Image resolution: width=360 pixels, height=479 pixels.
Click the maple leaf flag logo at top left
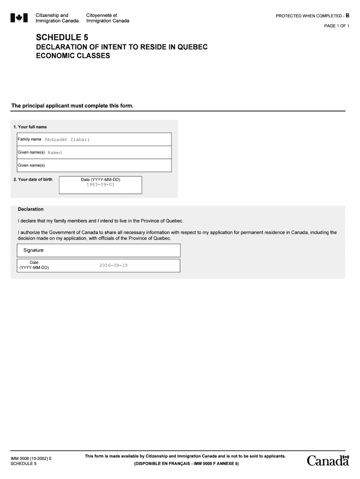pos(19,18)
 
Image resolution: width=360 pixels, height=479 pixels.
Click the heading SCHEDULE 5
pos(62,37)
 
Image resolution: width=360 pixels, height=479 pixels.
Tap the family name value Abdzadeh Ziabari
pos(67,139)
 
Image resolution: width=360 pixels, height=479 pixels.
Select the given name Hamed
pos(55,152)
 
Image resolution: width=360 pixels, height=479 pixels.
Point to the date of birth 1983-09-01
pos(100,185)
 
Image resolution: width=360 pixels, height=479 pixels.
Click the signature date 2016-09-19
pos(113,265)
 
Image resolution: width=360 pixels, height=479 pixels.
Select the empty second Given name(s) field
pos(108,165)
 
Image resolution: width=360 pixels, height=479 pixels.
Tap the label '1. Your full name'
pos(30,127)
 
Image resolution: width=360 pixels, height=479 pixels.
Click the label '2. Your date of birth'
pos(33,180)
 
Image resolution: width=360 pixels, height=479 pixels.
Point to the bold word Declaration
pos(30,209)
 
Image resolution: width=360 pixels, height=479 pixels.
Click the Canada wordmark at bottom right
pos(328,461)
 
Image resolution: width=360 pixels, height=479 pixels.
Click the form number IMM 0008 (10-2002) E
pos(31,458)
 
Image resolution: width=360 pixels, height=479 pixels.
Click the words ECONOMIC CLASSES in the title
pos(73,56)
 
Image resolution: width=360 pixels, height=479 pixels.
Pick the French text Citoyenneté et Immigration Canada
pos(108,18)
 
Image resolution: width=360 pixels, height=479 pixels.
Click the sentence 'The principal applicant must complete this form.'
pos(72,106)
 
